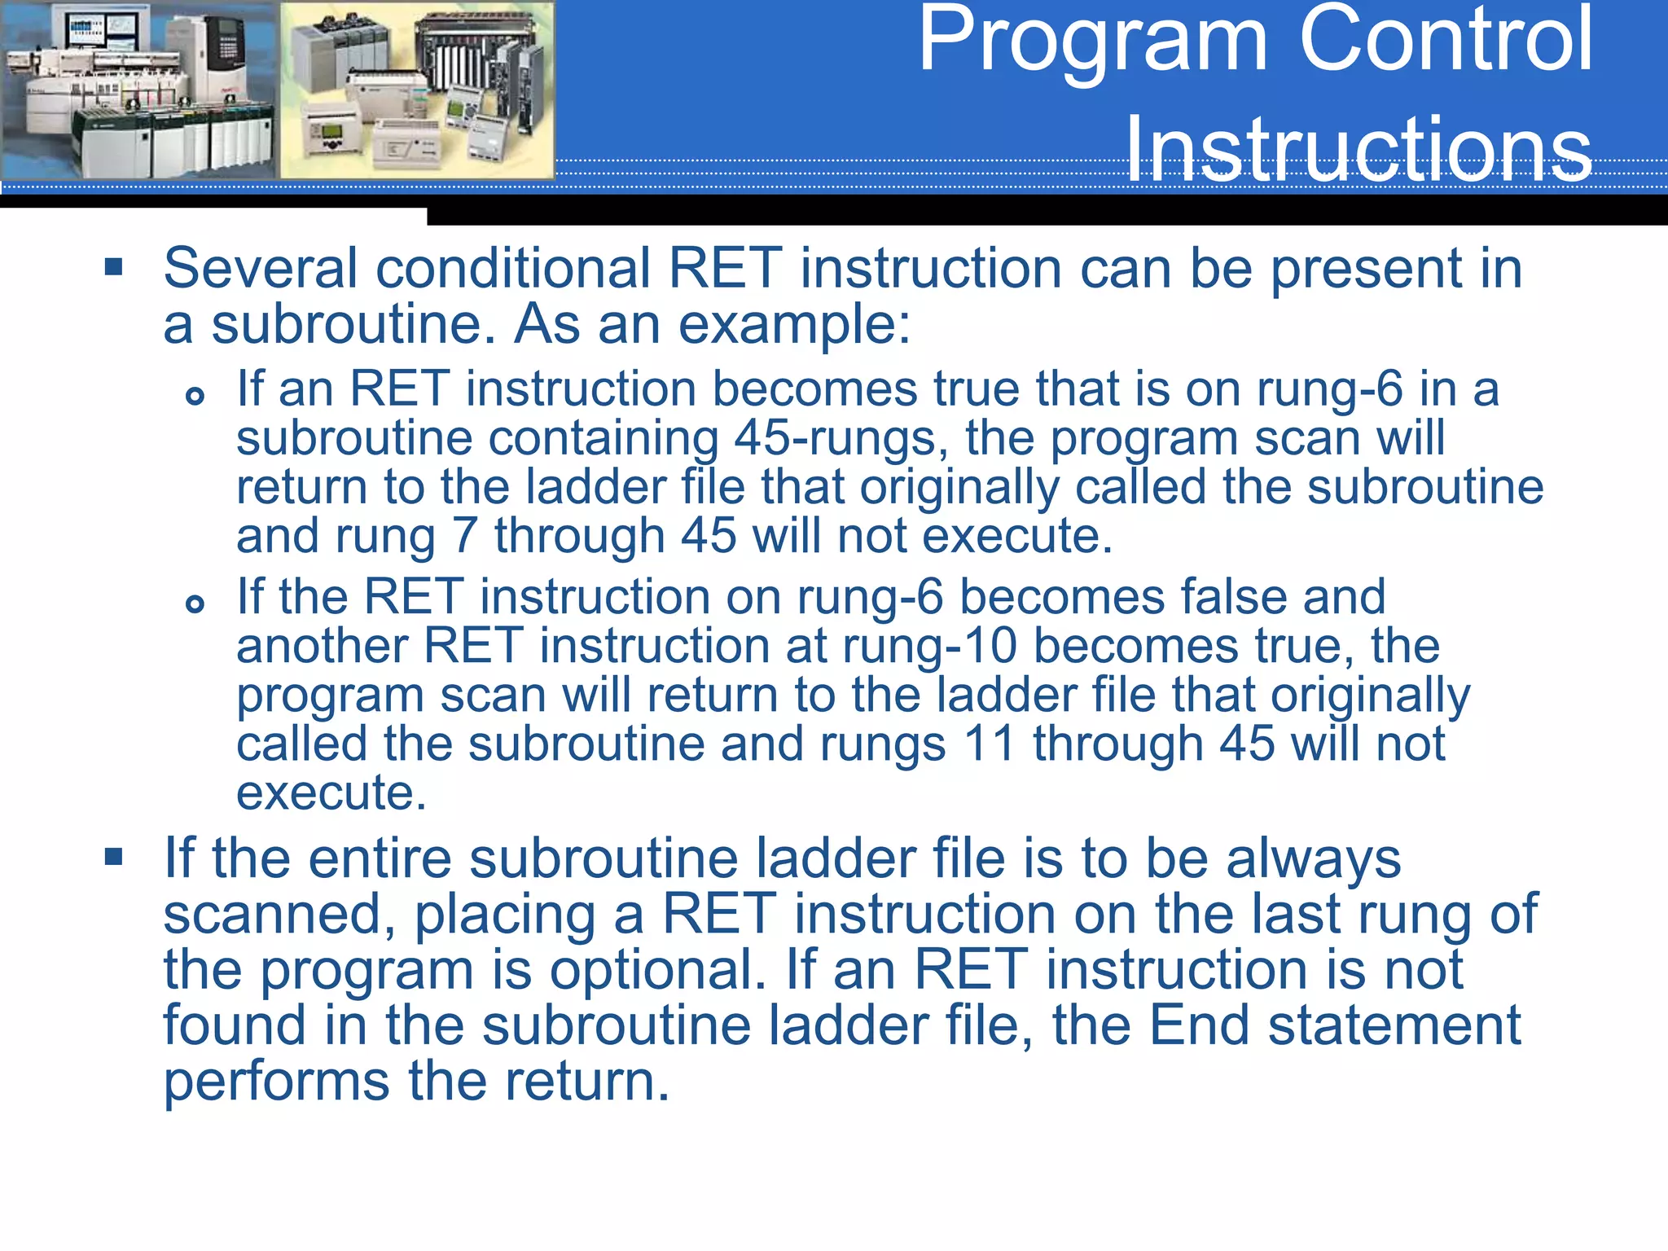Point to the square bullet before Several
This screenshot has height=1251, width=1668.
[x=113, y=267]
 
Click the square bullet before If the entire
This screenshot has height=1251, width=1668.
[x=113, y=857]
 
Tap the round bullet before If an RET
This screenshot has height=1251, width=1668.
[x=195, y=397]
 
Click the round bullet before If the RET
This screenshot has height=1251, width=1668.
[x=195, y=604]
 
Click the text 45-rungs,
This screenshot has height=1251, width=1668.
[x=841, y=439]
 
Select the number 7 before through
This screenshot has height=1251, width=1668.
[x=464, y=536]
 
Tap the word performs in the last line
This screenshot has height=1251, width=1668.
[x=276, y=1082]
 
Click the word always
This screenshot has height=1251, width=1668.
[x=1313, y=860]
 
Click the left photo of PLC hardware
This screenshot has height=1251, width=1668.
[x=138, y=90]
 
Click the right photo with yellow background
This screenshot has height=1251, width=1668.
[x=417, y=90]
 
